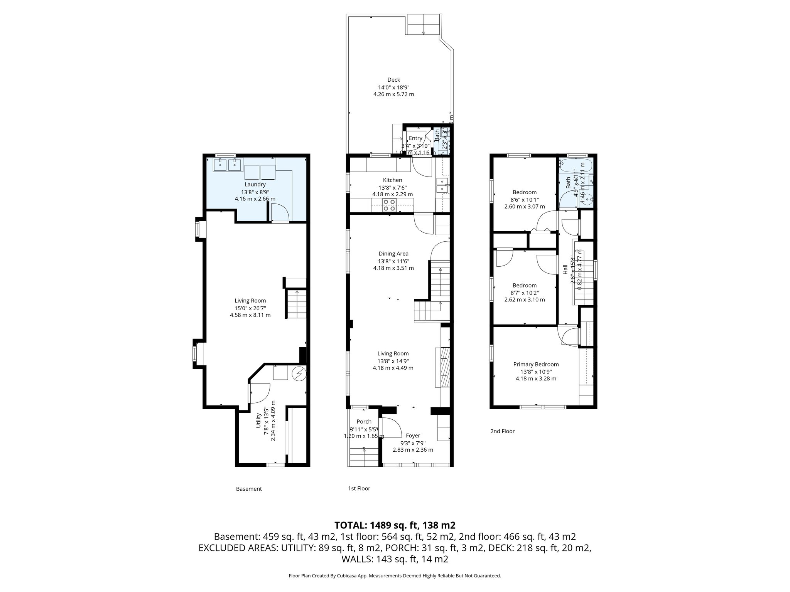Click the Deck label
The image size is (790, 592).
pos(393,80)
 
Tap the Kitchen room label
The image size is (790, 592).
pos(392,180)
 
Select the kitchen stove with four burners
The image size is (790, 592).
pos(388,205)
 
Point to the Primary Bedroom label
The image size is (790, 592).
pos(536,364)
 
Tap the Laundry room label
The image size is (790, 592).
pos(255,185)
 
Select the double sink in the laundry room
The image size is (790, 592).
pos(228,165)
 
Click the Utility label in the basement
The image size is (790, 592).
pos(258,420)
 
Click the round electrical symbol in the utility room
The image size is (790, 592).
pos(299,374)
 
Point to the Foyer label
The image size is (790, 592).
pos(413,436)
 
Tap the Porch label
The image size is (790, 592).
pos(364,422)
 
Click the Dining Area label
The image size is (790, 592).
pos(393,254)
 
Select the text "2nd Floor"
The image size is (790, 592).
pos(502,431)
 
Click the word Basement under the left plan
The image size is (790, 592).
pos(249,489)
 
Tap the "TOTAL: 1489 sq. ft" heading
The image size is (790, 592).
pos(395,525)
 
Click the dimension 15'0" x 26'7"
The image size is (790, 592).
pos(250,308)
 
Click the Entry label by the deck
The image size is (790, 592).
pos(415,138)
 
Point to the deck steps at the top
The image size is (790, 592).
pos(424,25)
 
